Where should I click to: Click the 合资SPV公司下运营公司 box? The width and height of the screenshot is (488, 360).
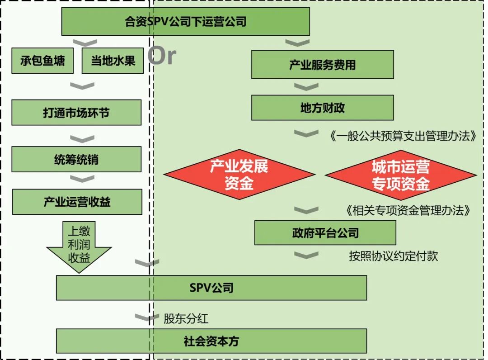(185, 21)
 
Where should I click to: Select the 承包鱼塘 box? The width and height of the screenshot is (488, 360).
(42, 61)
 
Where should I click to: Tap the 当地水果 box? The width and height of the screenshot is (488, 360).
(113, 61)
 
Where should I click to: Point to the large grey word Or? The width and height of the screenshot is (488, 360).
(162, 56)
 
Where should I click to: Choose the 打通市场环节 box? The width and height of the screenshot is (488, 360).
(76, 113)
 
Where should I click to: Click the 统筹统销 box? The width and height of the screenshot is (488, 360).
(76, 159)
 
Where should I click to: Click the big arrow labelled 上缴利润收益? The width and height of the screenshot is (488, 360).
(79, 246)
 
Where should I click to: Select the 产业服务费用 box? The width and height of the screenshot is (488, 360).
(322, 65)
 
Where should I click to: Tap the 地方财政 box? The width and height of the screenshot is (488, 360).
(322, 108)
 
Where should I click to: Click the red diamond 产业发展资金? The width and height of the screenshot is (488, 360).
(239, 175)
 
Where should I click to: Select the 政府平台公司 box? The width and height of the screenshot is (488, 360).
(325, 233)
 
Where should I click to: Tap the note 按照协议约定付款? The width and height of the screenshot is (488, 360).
(393, 256)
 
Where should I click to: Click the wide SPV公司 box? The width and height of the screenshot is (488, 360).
(211, 288)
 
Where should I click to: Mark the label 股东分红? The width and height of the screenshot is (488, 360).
(186, 318)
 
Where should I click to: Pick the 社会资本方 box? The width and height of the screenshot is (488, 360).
(211, 341)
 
